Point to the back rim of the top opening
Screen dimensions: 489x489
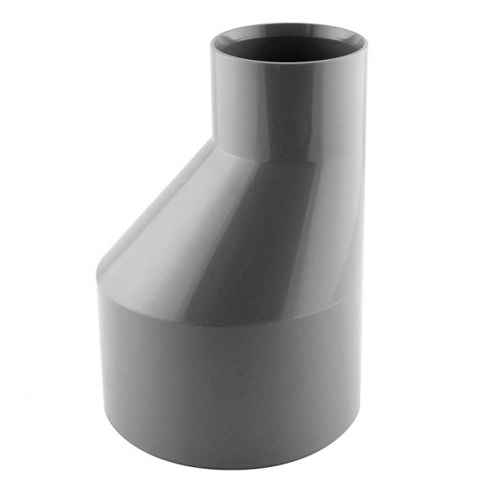pyautogui.click(x=288, y=26)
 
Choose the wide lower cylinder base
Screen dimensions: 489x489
pyautogui.click(x=228, y=379)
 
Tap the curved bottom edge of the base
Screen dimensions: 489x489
pyautogui.click(x=228, y=466)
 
